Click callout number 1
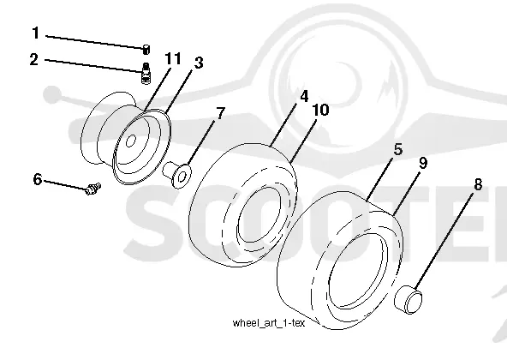[x=36, y=33]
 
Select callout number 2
[x=34, y=59]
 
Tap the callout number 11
[x=173, y=58]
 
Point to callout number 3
[x=199, y=63]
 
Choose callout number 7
[x=220, y=113]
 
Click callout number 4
[x=304, y=96]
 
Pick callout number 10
[x=320, y=110]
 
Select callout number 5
[x=398, y=149]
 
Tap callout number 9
[x=423, y=163]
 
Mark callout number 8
[x=478, y=184]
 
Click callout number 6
[x=38, y=179]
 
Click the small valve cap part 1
[x=146, y=50]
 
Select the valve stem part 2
[x=146, y=73]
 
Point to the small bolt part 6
[x=93, y=189]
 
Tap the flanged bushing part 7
[x=177, y=175]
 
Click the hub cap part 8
[x=409, y=300]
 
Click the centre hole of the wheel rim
[x=131, y=141]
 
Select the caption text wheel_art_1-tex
[x=269, y=323]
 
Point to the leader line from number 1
[x=95, y=42]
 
